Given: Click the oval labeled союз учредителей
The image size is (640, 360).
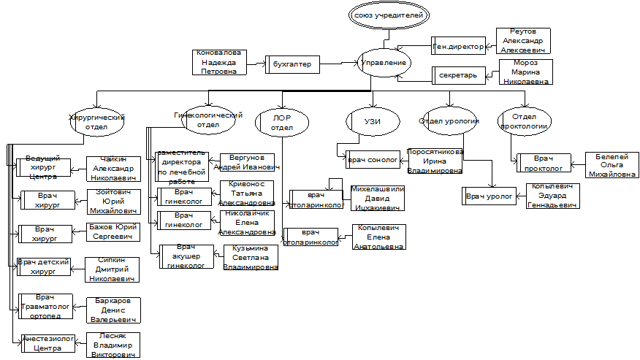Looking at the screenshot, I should (387, 15).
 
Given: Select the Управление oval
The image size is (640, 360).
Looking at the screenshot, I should (384, 64).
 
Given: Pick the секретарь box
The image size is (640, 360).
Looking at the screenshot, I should (458, 74).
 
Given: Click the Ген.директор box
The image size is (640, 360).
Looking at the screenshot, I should (459, 46).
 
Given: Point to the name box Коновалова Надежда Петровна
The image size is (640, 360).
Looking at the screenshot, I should (220, 62).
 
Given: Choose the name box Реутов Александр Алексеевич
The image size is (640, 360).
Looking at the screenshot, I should (523, 41).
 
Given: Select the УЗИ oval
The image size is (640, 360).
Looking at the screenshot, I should (373, 120).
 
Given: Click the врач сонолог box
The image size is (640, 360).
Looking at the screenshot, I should (373, 158).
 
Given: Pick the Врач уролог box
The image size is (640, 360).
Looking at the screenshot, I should (490, 196).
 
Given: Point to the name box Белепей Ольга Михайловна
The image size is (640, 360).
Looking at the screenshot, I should (612, 165).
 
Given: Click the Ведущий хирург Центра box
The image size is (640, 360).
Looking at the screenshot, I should (43, 167).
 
